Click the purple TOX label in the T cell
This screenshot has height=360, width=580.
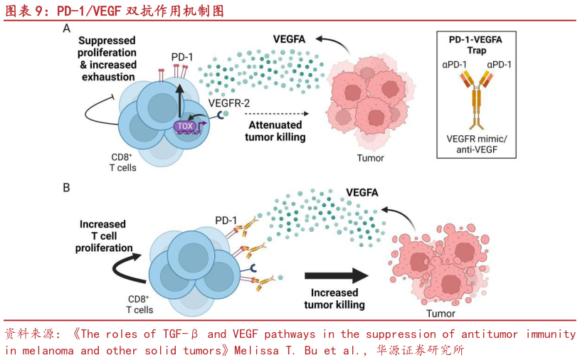click(x=185, y=126)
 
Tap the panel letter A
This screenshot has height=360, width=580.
click(x=66, y=29)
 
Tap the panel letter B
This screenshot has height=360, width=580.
click(x=66, y=188)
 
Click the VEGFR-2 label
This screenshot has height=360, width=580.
click(x=229, y=104)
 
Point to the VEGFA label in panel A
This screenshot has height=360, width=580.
click(x=289, y=39)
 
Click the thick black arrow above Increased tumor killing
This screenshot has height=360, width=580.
click(x=334, y=276)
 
